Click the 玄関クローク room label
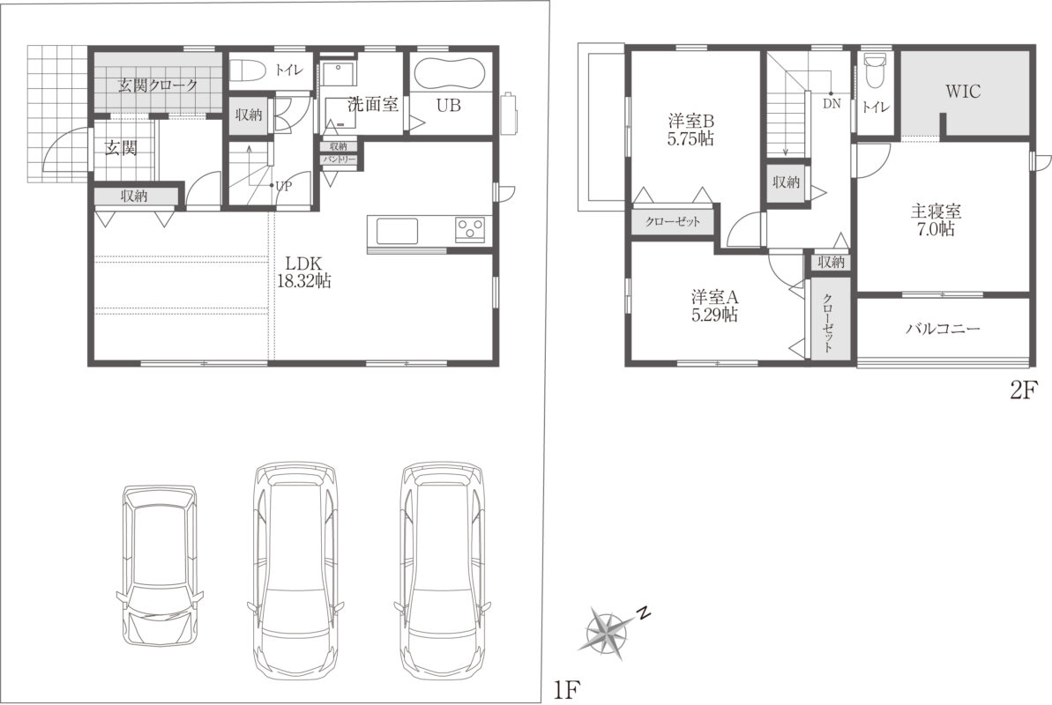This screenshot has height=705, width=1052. click(159, 85)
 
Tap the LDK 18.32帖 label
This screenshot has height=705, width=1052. click(304, 271)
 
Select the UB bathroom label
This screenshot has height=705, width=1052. click(449, 105)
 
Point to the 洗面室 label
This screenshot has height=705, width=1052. click(373, 104)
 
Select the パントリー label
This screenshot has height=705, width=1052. click(339, 160)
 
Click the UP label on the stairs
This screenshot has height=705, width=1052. click(284, 187)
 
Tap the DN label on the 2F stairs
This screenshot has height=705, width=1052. click(832, 104)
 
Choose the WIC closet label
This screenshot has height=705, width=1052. click(963, 92)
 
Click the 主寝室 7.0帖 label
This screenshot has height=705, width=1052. click(936, 220)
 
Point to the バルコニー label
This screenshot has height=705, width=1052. click(944, 329)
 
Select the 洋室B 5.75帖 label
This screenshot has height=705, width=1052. click(691, 130)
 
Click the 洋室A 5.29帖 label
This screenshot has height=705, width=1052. click(715, 305)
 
